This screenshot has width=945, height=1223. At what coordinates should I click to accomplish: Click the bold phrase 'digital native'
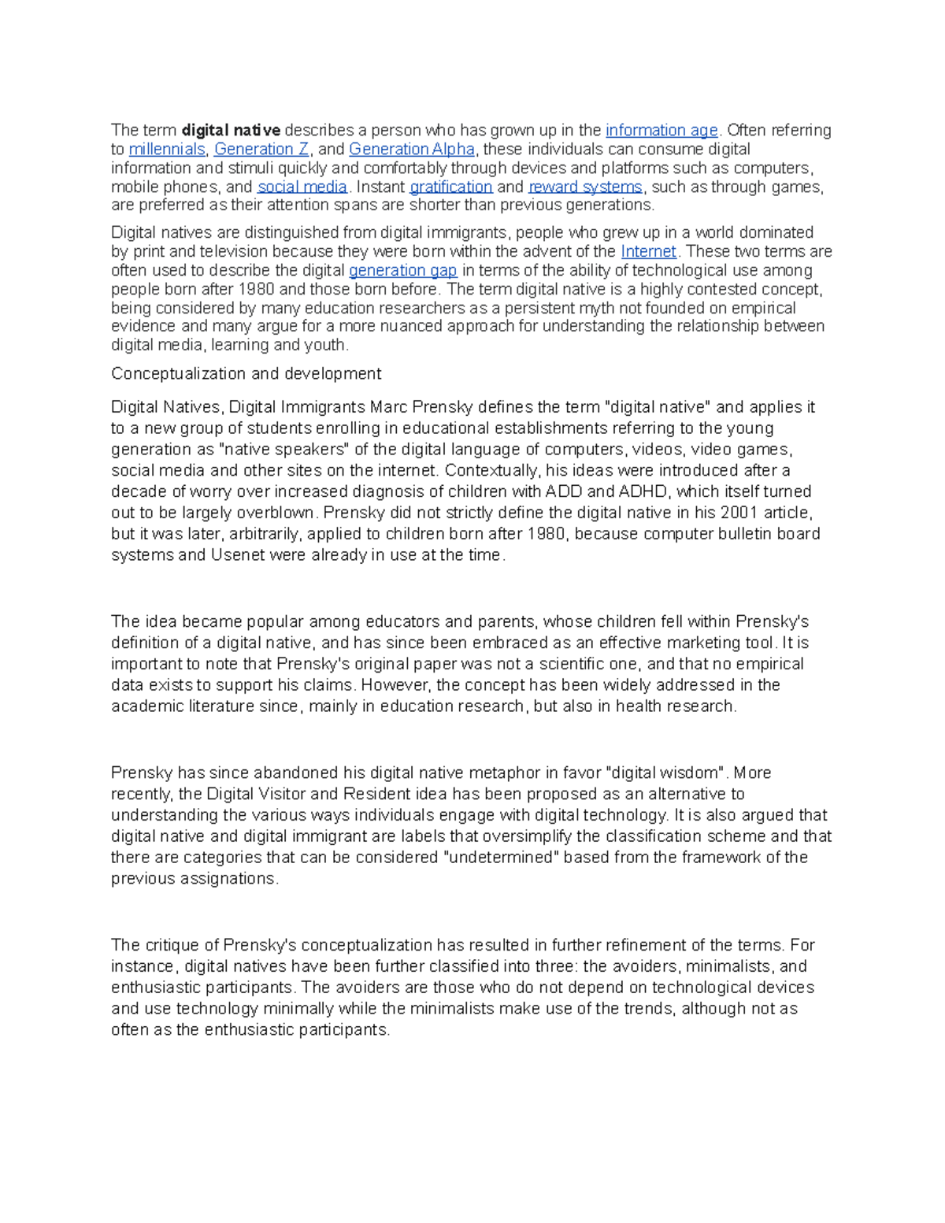pyautogui.click(x=231, y=130)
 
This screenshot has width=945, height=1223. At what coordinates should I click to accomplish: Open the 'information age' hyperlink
pyautogui.click(x=661, y=130)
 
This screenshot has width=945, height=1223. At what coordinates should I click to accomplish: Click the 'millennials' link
pyautogui.click(x=167, y=149)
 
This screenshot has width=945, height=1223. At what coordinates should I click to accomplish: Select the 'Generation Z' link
pyautogui.click(x=261, y=149)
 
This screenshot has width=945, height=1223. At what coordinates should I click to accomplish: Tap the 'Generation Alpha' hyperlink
pyautogui.click(x=412, y=149)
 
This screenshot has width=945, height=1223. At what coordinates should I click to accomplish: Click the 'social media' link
pyautogui.click(x=302, y=187)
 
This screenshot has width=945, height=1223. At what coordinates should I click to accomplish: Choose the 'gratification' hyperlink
pyautogui.click(x=451, y=187)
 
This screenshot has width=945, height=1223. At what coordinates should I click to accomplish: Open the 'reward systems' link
pyautogui.click(x=585, y=187)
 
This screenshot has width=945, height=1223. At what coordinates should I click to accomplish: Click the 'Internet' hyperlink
pyautogui.click(x=648, y=251)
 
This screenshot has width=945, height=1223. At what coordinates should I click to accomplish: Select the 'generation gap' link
pyautogui.click(x=402, y=270)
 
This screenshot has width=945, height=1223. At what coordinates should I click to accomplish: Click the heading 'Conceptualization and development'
pyautogui.click(x=246, y=373)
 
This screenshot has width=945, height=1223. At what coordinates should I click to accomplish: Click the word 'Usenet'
pyautogui.click(x=239, y=555)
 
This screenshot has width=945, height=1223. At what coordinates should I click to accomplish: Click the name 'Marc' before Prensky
pyautogui.click(x=387, y=407)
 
